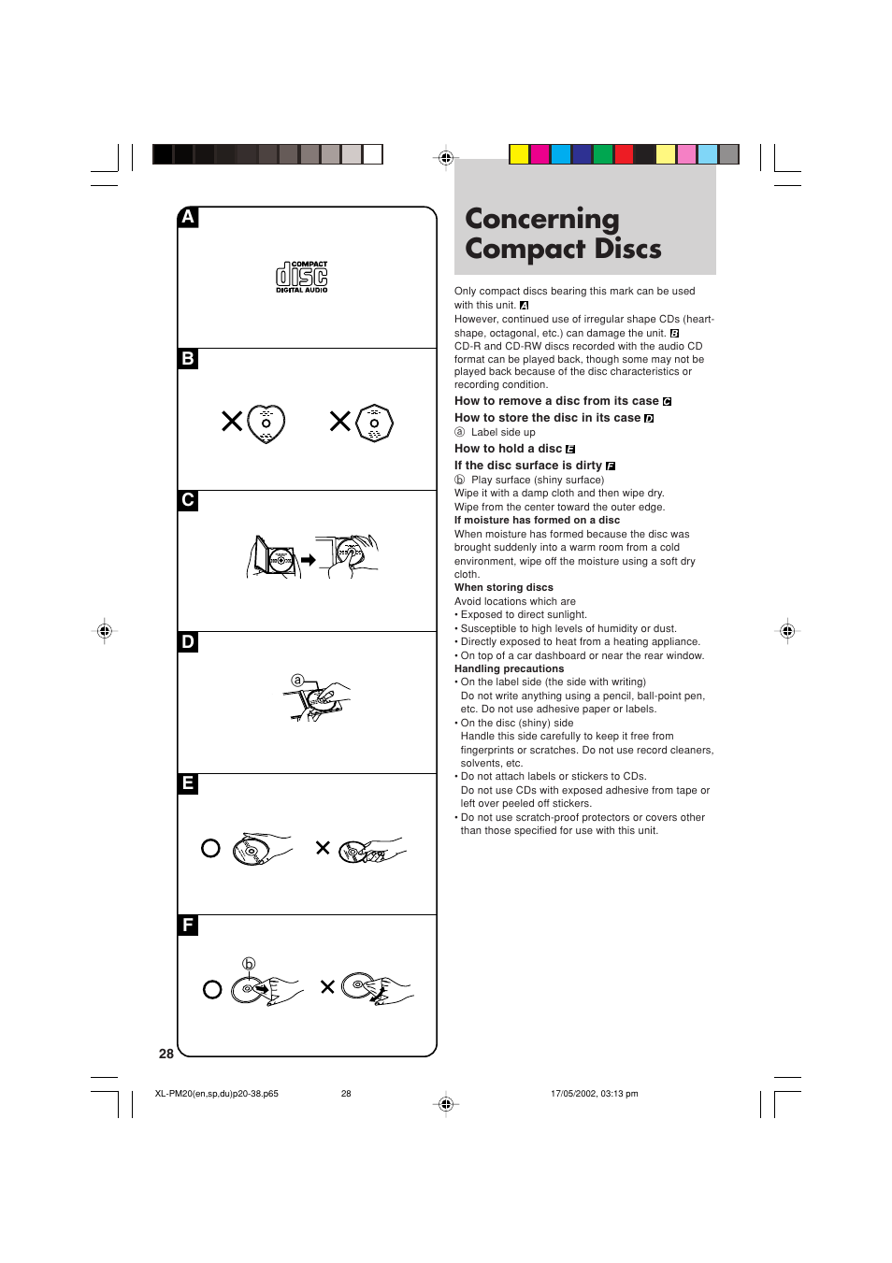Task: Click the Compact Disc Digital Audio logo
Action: pyautogui.click(x=301, y=277)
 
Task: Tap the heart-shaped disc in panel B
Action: pyautogui.click(x=266, y=423)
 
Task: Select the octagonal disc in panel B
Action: pyautogui.click(x=374, y=423)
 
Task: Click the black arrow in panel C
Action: pyautogui.click(x=308, y=560)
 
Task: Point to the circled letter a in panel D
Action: pyautogui.click(x=297, y=680)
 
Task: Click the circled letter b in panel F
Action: pyautogui.click(x=249, y=963)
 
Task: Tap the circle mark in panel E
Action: pyautogui.click(x=210, y=848)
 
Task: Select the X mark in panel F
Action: pyautogui.click(x=327, y=986)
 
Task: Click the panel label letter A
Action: pyautogui.click(x=188, y=217)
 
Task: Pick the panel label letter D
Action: pyautogui.click(x=188, y=641)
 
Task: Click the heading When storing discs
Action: pyautogui.click(x=503, y=587)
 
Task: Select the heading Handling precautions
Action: pyautogui.click(x=509, y=668)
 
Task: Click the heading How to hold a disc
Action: pyautogui.click(x=508, y=449)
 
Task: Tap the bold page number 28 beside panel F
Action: pyautogui.click(x=166, y=1054)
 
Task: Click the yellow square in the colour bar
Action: pyautogui.click(x=519, y=154)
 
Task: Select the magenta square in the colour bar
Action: pyautogui.click(x=540, y=154)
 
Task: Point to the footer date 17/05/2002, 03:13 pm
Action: pyautogui.click(x=594, y=1093)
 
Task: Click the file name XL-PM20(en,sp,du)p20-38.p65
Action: pyautogui.click(x=216, y=1093)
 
